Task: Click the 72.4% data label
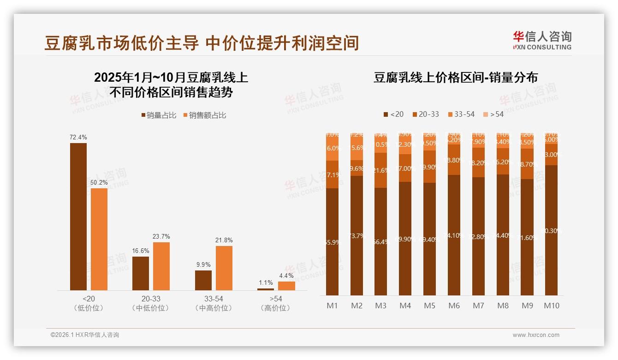[78, 138]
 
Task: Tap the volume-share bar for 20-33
[141, 273]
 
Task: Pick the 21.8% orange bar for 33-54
[224, 268]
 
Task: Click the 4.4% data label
[286, 276]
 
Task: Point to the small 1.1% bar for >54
[266, 289]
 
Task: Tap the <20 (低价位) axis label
[89, 303]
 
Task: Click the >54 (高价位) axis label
[276, 303]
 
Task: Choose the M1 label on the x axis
[332, 306]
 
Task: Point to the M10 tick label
[551, 306]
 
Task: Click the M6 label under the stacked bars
[454, 306]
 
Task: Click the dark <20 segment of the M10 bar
[551, 231]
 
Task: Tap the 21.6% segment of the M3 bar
[380, 170]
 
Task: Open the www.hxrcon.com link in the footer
[536, 335]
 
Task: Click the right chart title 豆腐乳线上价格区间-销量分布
[455, 78]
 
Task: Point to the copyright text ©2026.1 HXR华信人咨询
[85, 335]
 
